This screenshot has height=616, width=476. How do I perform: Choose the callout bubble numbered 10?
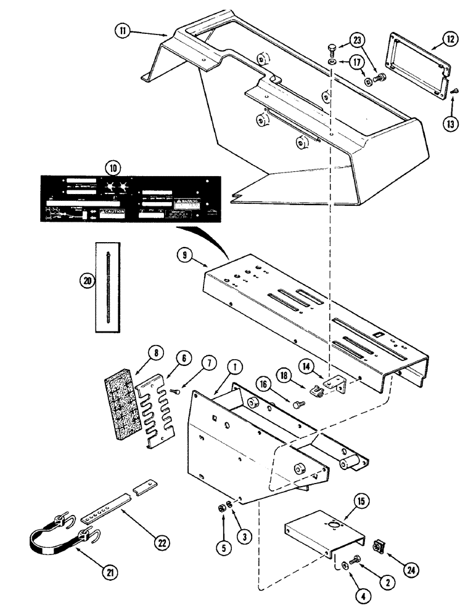pyautogui.click(x=113, y=167)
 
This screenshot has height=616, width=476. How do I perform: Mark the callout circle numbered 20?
pyautogui.click(x=88, y=280)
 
